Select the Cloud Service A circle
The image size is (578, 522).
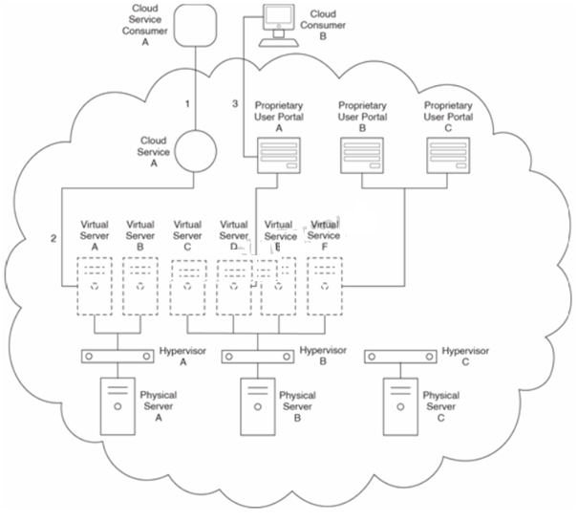194,151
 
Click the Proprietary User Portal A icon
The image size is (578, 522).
277,156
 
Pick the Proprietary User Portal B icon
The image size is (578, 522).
363,156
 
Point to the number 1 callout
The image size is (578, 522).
188,102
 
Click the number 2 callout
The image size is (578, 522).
54,238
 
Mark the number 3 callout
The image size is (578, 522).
235,102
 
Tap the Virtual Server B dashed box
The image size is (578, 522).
140,285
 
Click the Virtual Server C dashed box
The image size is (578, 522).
188,285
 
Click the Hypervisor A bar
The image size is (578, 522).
118,356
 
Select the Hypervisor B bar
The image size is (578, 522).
256,356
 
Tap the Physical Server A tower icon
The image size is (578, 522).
118,405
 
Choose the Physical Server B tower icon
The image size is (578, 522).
256,405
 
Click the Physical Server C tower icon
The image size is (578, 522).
398,405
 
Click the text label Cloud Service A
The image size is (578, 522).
154,145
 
